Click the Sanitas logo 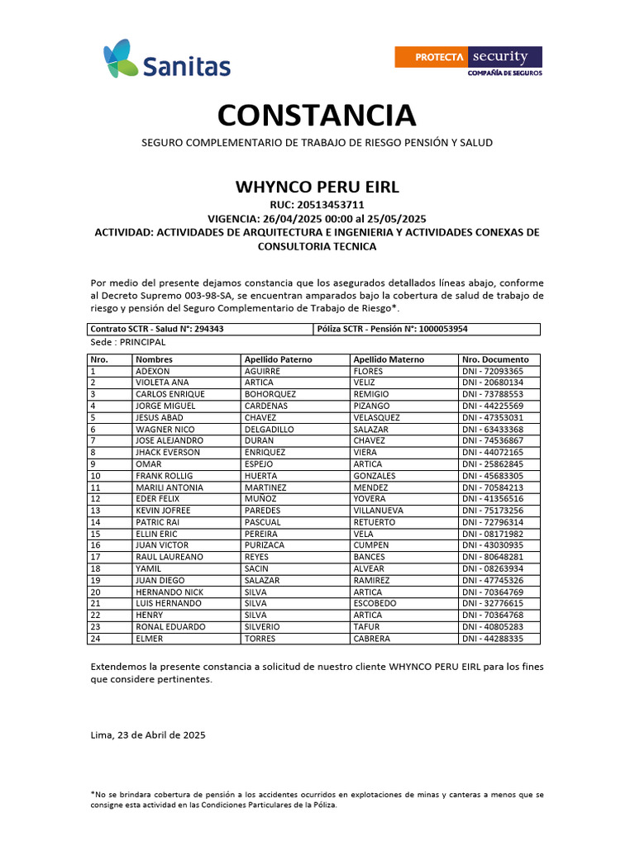pyautogui.click(x=167, y=59)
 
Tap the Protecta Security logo pyautogui.click(x=468, y=61)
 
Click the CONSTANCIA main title pyautogui.click(x=317, y=115)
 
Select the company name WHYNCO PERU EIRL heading pyautogui.click(x=317, y=187)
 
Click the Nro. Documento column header pyautogui.click(x=495, y=359)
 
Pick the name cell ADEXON pyautogui.click(x=152, y=372)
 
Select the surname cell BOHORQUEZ pyautogui.click(x=271, y=395)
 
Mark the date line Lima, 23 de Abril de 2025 pyautogui.click(x=148, y=734)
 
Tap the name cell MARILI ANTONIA pyautogui.click(x=169, y=487)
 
